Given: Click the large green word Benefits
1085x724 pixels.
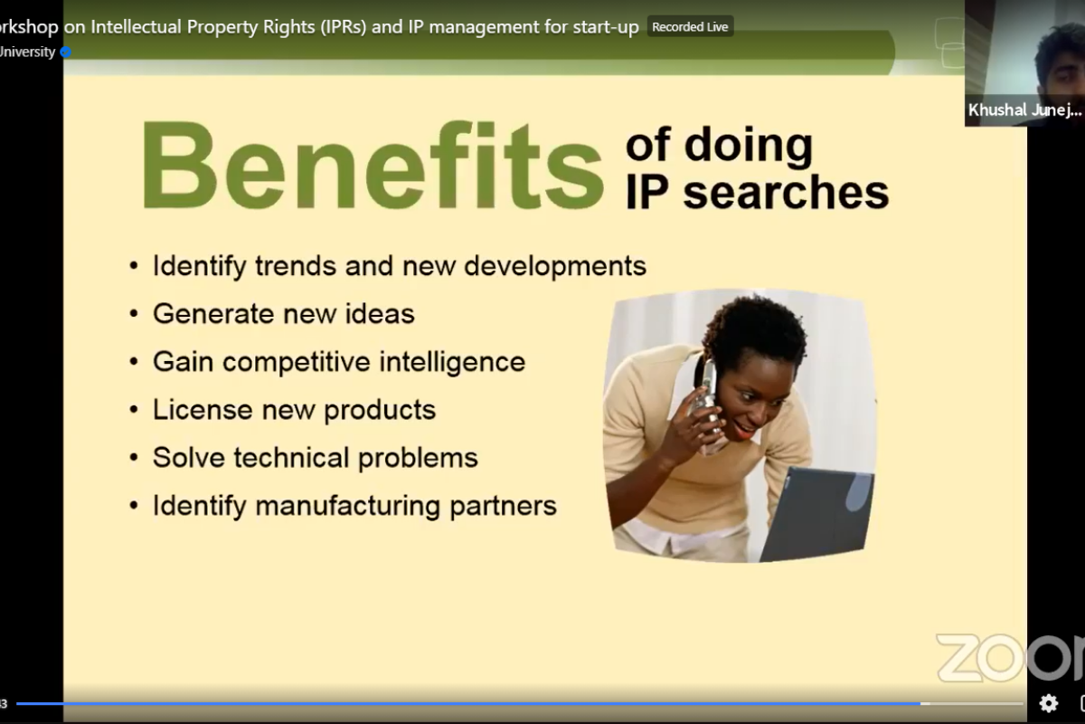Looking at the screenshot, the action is (372, 165).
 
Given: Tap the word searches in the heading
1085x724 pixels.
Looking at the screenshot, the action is (786, 193).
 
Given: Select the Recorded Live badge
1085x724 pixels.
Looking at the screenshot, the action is (690, 26).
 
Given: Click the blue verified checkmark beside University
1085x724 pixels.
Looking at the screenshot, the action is (66, 52).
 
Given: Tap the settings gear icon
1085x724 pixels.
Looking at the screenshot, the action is (1048, 703).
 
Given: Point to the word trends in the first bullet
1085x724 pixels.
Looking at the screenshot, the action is (296, 266).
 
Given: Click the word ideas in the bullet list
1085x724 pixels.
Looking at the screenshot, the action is (380, 313).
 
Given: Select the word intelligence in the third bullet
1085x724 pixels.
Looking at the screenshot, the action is (452, 363).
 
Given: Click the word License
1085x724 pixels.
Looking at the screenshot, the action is (203, 409).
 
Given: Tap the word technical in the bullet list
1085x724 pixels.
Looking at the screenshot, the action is (291, 457).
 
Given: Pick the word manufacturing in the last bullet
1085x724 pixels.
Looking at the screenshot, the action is (347, 506).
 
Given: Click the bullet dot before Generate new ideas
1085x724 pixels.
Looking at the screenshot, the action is (134, 314).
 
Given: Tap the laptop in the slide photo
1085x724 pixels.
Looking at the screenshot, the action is (818, 514).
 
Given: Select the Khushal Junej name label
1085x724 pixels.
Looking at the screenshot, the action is (1024, 110).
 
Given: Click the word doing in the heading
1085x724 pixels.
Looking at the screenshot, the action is (749, 147).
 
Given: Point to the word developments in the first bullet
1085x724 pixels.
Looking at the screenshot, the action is (555, 266).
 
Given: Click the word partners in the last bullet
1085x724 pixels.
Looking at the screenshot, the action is (504, 507).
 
